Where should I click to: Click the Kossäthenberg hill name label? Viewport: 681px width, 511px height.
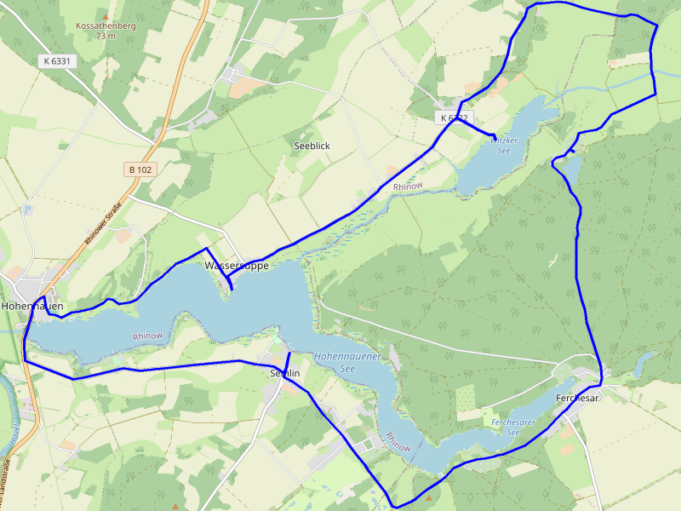click(106, 26)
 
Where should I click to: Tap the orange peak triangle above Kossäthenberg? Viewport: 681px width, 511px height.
click(106, 16)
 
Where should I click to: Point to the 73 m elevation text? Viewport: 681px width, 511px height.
click(106, 37)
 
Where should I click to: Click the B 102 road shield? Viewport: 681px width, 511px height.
click(140, 169)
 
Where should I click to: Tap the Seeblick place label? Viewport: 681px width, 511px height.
click(312, 146)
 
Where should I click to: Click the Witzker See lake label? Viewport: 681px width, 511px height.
click(502, 144)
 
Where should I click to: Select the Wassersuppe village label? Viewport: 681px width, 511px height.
click(237, 266)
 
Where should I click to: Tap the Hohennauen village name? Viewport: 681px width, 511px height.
click(32, 305)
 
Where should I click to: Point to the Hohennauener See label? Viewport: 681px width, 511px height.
click(346, 363)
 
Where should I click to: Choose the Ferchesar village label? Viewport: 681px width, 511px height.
click(578, 398)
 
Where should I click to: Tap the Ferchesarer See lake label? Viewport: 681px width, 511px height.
click(514, 427)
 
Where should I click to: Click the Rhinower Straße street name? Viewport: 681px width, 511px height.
click(103, 222)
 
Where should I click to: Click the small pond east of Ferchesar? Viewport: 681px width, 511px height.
click(644, 361)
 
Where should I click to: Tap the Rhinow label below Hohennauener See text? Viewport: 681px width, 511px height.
click(398, 442)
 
